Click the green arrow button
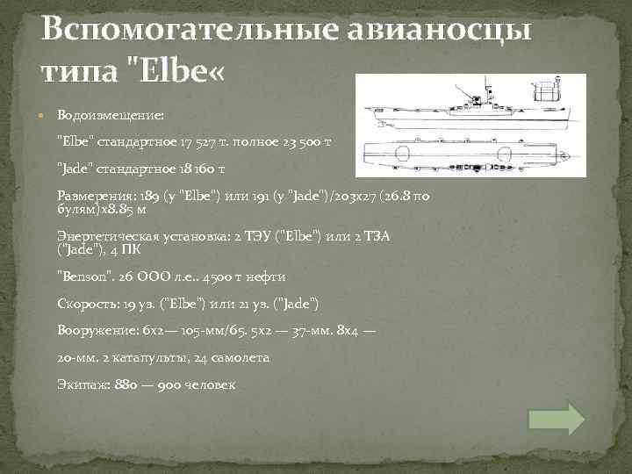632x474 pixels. pyautogui.click(x=557, y=419)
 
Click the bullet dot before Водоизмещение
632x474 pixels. pyautogui.click(x=43, y=115)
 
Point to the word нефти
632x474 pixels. pyautogui.click(x=266, y=276)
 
